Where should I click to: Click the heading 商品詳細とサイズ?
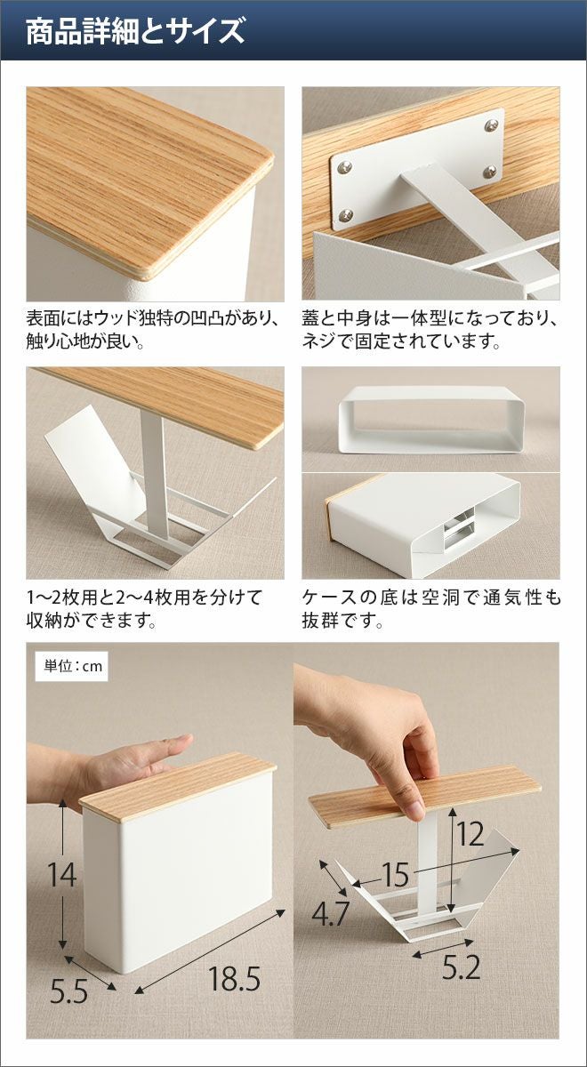tap(135, 31)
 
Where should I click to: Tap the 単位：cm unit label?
tap(73, 666)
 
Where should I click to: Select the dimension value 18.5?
tap(234, 966)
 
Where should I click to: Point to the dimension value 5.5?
tap(69, 978)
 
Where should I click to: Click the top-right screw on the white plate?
tap(491, 125)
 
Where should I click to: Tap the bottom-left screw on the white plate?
tap(346, 215)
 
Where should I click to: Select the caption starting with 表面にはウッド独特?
tap(153, 329)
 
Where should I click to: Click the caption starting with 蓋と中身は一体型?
tap(430, 329)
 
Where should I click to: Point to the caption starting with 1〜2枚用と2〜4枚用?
tap(144, 609)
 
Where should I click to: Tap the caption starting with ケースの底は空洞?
tap(431, 609)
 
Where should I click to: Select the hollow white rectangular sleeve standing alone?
tap(431, 419)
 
